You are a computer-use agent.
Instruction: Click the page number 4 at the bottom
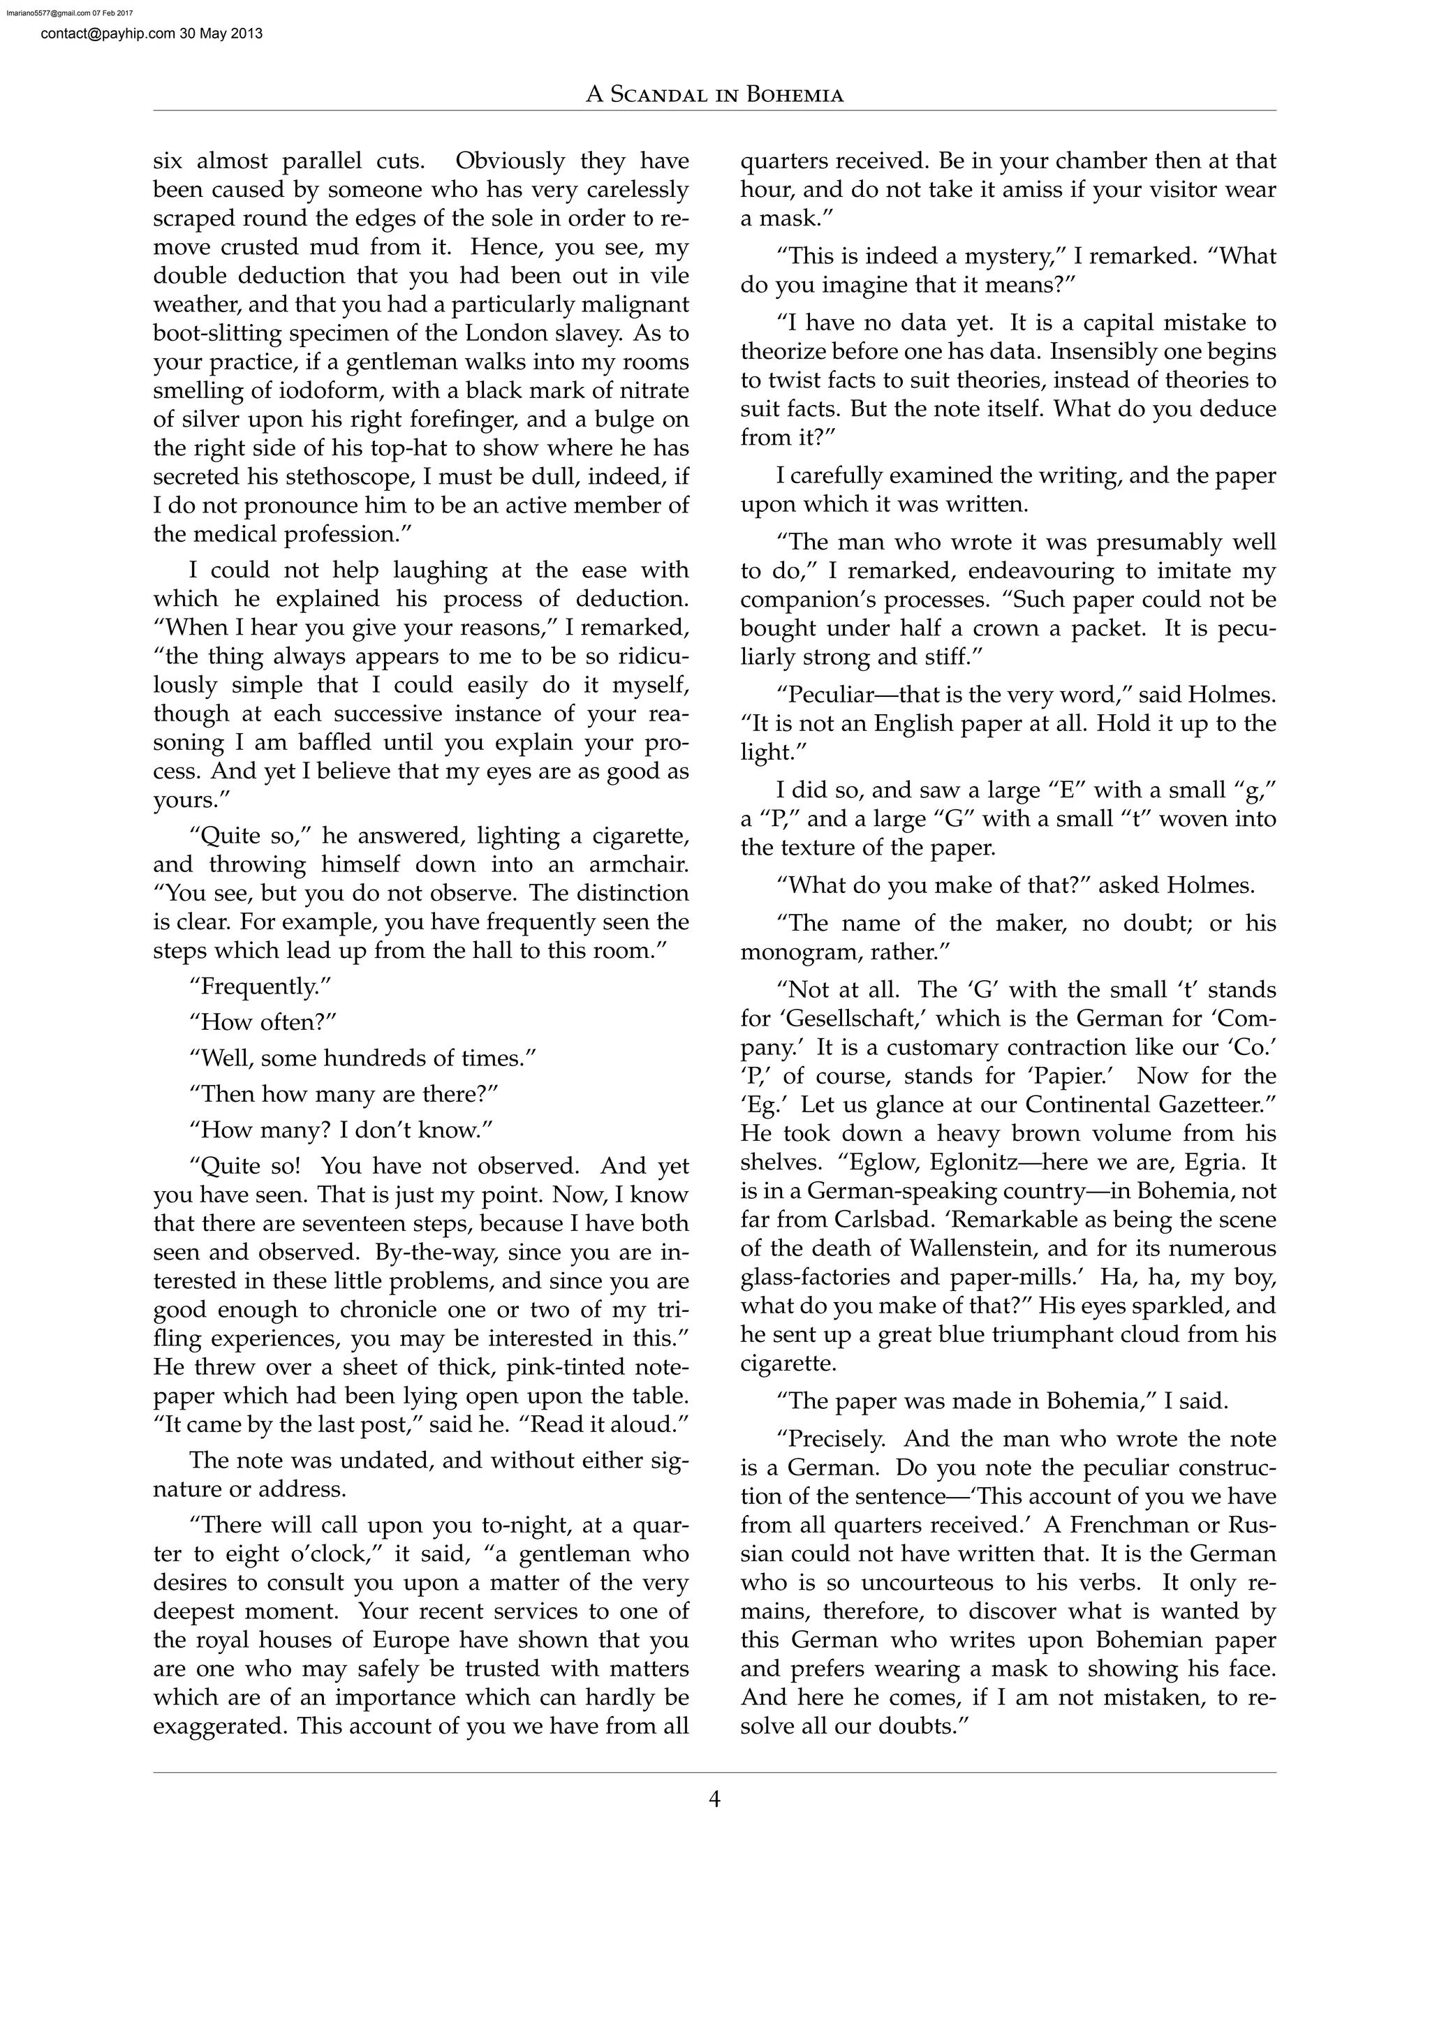[x=714, y=1799]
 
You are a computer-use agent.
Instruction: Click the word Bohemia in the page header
[x=794, y=95]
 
